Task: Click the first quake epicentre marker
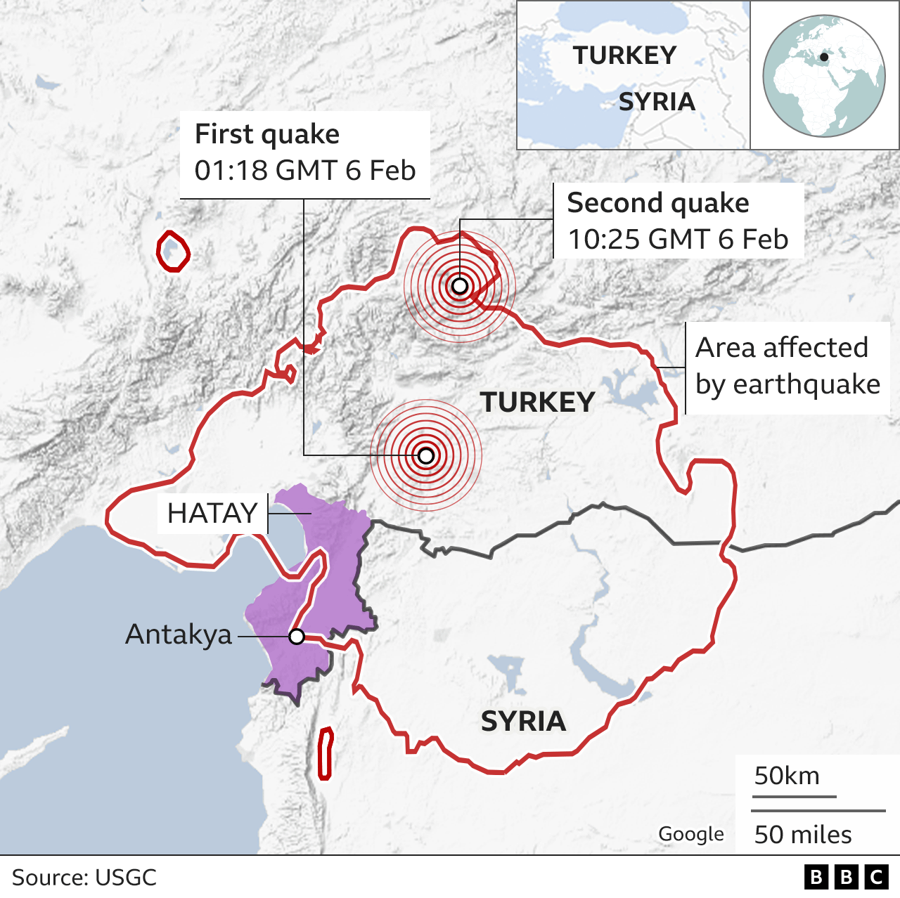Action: (426, 456)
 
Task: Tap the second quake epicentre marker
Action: (459, 286)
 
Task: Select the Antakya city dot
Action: (297, 637)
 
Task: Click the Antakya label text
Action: (179, 635)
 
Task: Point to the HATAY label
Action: (212, 514)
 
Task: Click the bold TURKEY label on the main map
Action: (537, 403)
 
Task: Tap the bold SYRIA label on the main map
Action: (523, 722)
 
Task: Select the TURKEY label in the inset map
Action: (624, 56)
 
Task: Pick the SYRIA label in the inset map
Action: (657, 102)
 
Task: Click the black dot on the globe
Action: (824, 57)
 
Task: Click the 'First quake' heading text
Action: (267, 134)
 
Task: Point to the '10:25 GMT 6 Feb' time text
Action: (678, 240)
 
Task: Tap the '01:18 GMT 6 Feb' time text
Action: (305, 171)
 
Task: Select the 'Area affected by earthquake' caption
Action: (787, 366)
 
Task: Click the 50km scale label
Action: (787, 776)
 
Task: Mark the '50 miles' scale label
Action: (803, 835)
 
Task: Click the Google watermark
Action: (691, 834)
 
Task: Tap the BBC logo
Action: (846, 877)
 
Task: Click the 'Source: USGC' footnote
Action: (84, 878)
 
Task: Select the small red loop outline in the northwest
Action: (172, 252)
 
